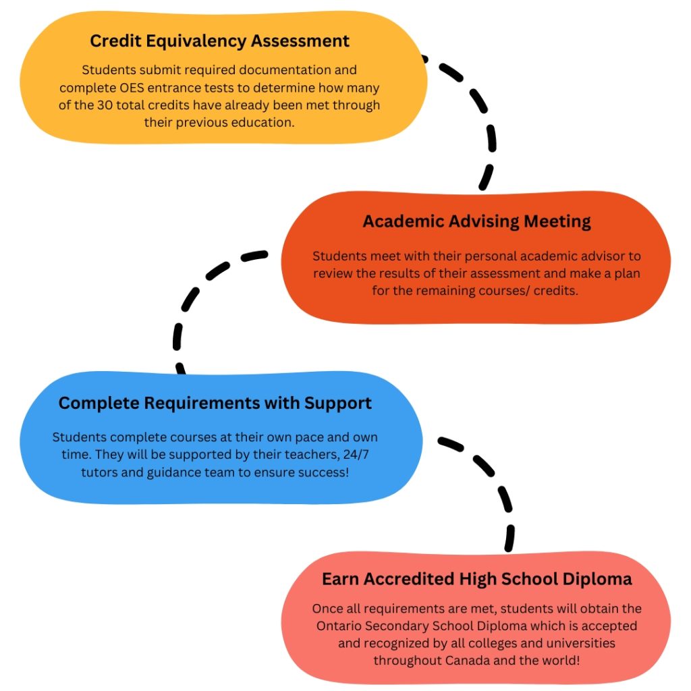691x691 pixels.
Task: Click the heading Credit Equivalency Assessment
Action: (x=220, y=41)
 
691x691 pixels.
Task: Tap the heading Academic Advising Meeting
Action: (x=476, y=221)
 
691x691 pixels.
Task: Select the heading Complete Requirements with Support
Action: (x=215, y=404)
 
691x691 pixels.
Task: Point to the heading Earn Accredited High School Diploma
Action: (x=476, y=579)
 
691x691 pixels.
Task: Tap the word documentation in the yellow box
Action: (x=300, y=70)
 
